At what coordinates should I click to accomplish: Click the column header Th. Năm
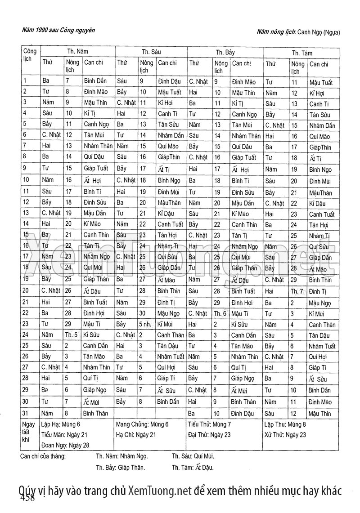click(x=78, y=52)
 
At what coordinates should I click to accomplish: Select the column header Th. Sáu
click(x=151, y=52)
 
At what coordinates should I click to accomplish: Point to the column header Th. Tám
click(x=302, y=53)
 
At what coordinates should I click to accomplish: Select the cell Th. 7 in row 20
click(x=297, y=291)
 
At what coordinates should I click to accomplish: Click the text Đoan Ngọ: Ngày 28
click(x=65, y=445)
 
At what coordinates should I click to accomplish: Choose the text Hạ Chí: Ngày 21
click(x=136, y=435)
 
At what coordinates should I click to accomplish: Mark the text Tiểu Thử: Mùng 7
click(x=210, y=424)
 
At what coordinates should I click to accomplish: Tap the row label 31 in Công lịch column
click(x=26, y=413)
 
